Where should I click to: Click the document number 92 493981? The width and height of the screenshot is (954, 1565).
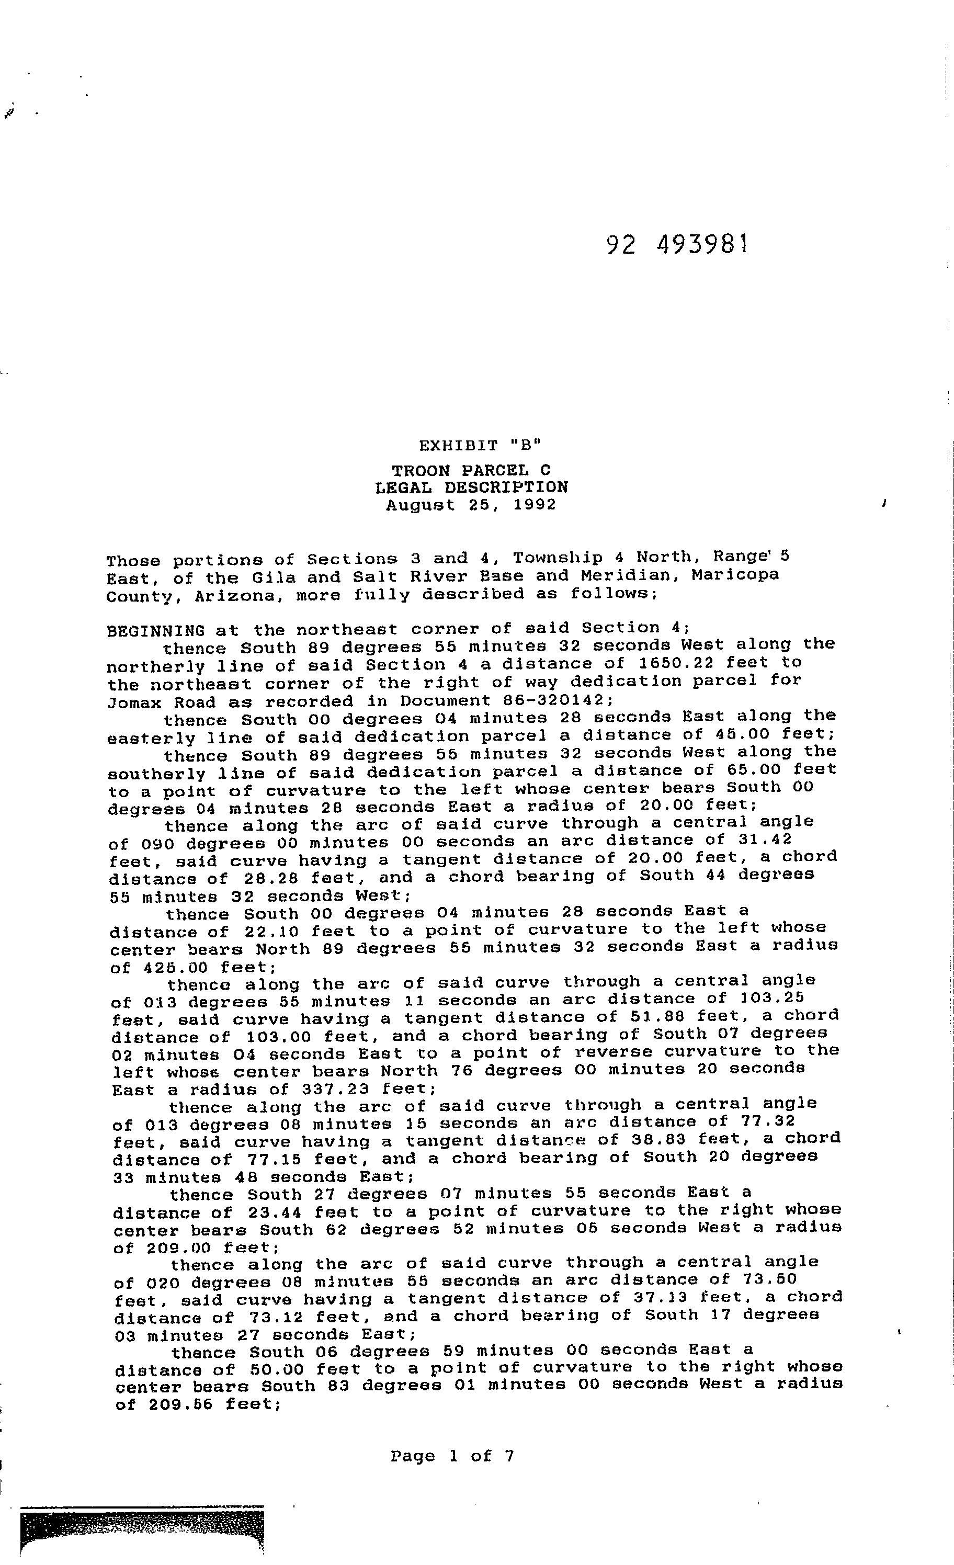point(677,244)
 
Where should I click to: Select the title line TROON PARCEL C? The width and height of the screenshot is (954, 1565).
point(471,471)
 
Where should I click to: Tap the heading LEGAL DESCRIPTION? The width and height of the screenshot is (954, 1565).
point(471,488)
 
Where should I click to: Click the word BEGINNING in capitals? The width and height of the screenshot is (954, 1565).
point(156,631)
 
